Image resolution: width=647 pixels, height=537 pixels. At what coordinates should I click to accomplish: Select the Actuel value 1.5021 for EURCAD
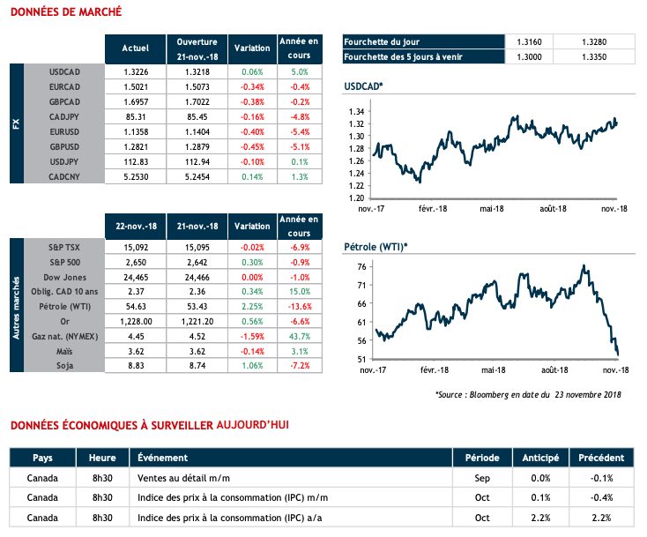[135, 86]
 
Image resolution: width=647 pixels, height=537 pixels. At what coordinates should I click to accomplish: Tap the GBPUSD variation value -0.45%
[252, 145]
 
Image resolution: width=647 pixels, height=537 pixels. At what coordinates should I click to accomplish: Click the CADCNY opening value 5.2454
[197, 176]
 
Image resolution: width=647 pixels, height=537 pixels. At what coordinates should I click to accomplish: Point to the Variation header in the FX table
[252, 48]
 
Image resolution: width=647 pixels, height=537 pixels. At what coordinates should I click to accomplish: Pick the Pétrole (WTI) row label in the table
[66, 305]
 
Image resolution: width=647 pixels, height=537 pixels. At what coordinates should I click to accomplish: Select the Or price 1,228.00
[135, 320]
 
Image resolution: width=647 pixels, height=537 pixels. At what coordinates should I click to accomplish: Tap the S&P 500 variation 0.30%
[252, 261]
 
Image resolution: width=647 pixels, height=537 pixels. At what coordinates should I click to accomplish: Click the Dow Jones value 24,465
[135, 276]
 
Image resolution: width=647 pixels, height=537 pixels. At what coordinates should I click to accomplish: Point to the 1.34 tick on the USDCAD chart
[356, 112]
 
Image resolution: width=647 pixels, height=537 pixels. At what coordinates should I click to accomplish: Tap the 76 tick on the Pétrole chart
[361, 266]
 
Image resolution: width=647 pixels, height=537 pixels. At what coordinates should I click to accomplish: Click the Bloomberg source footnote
[528, 394]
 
